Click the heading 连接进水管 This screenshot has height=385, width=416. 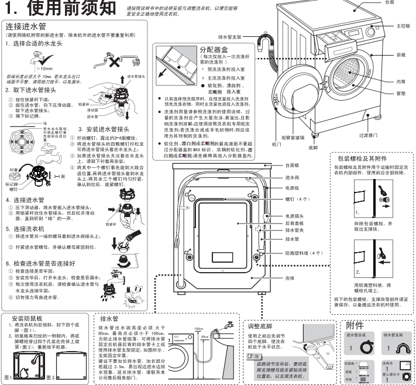[26, 27]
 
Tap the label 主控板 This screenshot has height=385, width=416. [403, 26]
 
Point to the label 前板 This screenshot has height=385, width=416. [401, 54]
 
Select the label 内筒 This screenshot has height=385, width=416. [401, 81]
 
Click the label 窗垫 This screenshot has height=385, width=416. [401, 93]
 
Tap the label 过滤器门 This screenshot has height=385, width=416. [368, 135]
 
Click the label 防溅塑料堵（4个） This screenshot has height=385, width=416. [304, 253]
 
